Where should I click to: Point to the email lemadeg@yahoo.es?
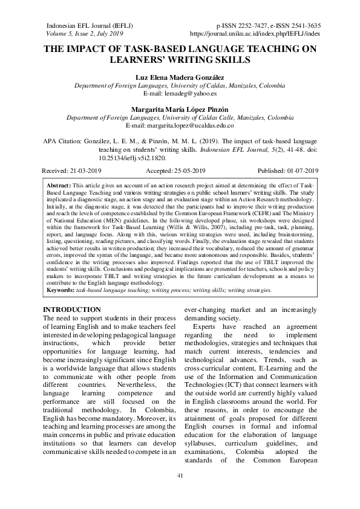(180, 94)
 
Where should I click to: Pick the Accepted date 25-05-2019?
(182, 171)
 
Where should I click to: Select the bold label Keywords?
(61, 290)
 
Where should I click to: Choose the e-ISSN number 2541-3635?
(303, 26)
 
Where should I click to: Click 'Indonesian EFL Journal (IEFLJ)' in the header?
(90, 26)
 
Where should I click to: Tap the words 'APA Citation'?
(61, 139)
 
